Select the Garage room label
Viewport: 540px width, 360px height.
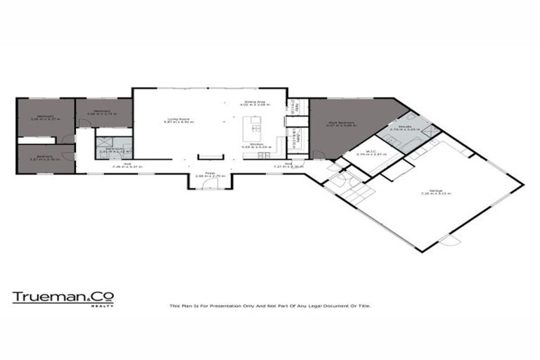coord(442,193)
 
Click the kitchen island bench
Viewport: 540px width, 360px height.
coord(252,129)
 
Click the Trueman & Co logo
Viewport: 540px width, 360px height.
coord(63,297)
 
